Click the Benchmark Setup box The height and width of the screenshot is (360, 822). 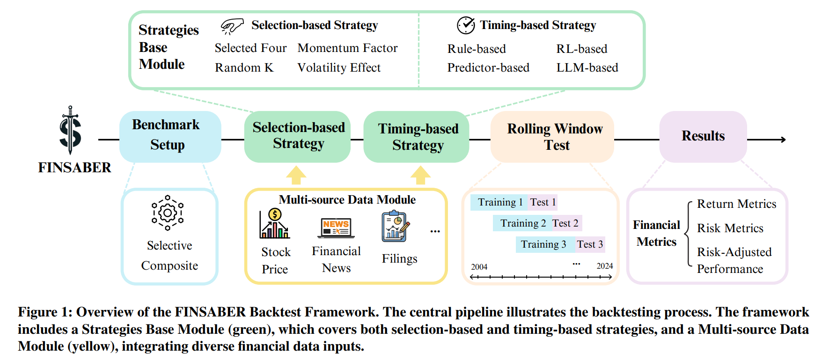coord(170,137)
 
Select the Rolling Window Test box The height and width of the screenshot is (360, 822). coord(552,137)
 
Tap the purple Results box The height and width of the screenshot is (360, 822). coord(703,137)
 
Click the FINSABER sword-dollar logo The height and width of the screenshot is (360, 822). coord(70,130)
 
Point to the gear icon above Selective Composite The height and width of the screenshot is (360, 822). coord(168,213)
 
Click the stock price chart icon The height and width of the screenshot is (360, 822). coord(275,224)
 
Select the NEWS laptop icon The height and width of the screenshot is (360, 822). coord(336,228)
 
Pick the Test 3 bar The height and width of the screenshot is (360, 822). coord(590,244)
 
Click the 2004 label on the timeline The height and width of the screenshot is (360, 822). coord(479,267)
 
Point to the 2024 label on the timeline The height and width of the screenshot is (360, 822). coord(604,266)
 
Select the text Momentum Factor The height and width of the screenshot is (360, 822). coord(347,48)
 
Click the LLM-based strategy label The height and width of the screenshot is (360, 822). coord(587,68)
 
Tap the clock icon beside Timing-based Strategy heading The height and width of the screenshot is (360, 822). coord(466,25)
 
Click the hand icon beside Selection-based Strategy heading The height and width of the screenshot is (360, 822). coord(232,26)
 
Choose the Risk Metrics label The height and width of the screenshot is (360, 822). coord(730,228)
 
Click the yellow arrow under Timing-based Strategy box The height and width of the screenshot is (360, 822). coord(420,175)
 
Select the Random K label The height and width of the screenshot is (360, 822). coord(244,68)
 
